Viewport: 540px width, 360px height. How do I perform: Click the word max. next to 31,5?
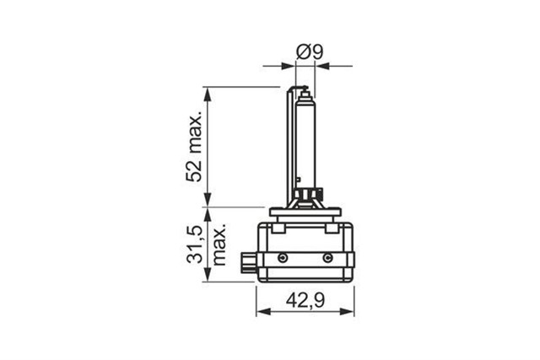(219, 245)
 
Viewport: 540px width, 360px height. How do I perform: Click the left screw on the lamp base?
(283, 257)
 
